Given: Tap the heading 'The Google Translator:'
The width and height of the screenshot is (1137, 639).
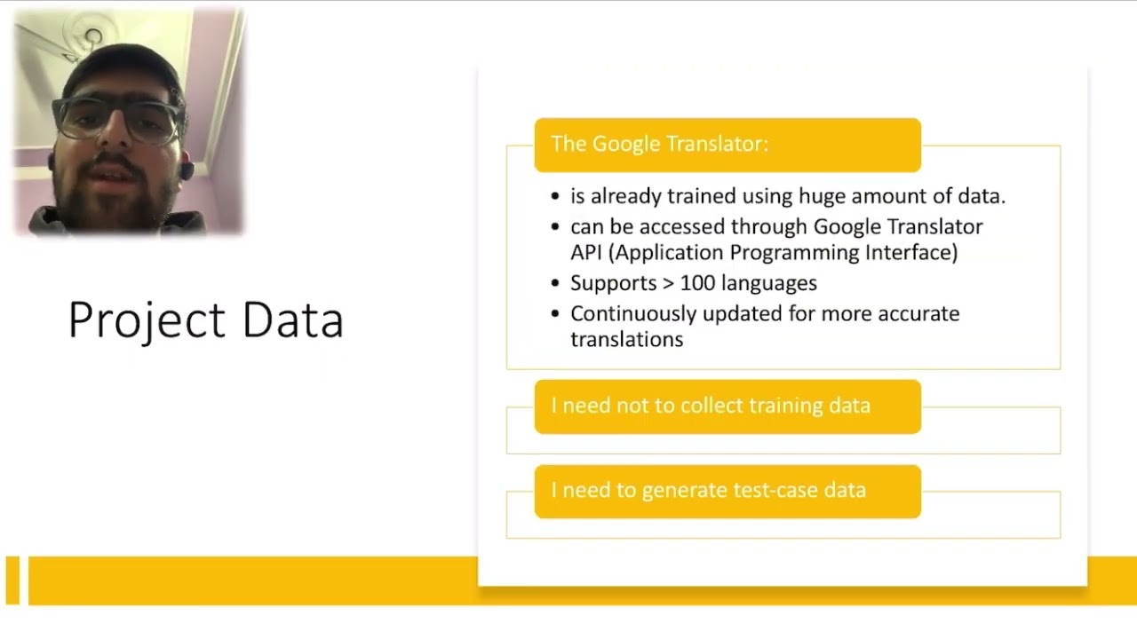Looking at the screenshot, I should tap(659, 144).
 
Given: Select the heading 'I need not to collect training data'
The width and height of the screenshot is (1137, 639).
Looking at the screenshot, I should tap(711, 406).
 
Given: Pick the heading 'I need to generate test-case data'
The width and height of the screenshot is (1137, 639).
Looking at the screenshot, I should tap(708, 490).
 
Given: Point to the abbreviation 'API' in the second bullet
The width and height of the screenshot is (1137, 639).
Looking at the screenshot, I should tap(586, 253).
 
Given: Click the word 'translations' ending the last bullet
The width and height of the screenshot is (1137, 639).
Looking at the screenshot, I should tap(626, 340).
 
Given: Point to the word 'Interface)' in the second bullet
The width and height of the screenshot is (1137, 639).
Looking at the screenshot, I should tap(915, 253).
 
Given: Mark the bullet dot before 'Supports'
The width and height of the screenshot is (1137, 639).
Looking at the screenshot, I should tap(555, 284).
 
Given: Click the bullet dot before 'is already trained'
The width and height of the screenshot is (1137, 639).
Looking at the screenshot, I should tap(555, 197).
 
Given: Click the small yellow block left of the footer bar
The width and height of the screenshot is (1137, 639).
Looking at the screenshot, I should tap(12, 580).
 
